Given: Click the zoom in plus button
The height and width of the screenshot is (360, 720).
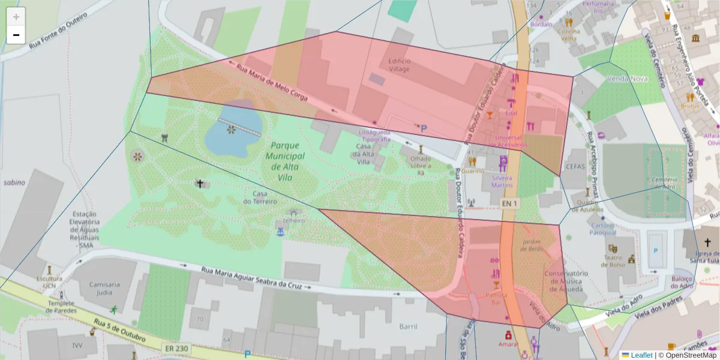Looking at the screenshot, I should click(16, 17).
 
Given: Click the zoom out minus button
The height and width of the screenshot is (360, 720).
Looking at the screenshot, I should click(16, 35).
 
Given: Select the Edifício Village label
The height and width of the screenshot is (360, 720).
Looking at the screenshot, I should click(399, 65).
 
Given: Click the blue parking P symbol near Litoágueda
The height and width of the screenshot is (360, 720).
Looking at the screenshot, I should click(424, 128).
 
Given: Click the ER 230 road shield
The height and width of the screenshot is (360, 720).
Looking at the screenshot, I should click(175, 348).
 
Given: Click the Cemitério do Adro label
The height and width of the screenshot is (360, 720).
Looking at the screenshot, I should click(664, 183).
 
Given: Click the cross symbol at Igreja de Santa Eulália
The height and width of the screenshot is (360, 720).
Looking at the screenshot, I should click(707, 242).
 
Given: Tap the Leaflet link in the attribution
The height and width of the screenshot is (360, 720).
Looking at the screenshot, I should click(641, 355).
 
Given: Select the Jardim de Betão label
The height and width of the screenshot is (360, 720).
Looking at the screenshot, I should click(532, 245).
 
